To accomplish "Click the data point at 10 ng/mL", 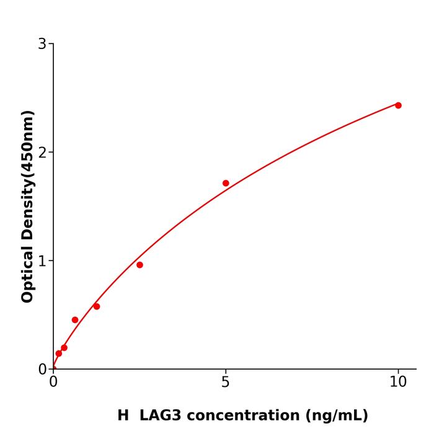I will point(398,105).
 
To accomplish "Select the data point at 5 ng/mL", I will point(226,183).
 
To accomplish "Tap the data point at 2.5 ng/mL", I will point(139,265).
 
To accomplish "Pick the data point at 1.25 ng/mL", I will point(96,306).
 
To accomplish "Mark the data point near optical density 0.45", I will point(75,320).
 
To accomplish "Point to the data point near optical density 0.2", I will point(64,348).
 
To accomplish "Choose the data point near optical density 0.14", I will point(59,353).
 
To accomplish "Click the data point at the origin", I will point(53,368).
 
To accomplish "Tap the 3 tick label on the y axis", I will point(42,44).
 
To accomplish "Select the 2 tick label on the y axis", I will point(42,153).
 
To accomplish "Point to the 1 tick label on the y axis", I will point(42,261).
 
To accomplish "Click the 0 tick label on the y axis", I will point(42,370).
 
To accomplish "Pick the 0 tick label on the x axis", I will point(53,383).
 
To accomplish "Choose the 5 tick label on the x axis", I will point(226,383).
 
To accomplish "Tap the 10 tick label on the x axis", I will point(398,383).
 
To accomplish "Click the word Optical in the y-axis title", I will point(27,273).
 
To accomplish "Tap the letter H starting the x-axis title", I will point(123,415).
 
